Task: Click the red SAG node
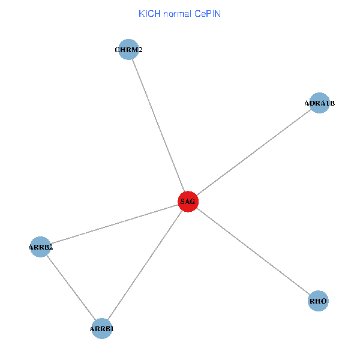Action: point(188,202)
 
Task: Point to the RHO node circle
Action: point(319,301)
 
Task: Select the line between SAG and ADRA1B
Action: point(254,152)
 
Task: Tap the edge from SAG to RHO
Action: point(253,251)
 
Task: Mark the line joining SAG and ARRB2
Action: point(114,224)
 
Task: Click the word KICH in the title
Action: point(148,13)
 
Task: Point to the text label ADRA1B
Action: point(319,104)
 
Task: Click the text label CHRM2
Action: point(128,50)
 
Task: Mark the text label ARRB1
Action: point(102,329)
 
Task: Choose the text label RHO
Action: point(319,301)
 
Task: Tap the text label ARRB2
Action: point(41,247)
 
